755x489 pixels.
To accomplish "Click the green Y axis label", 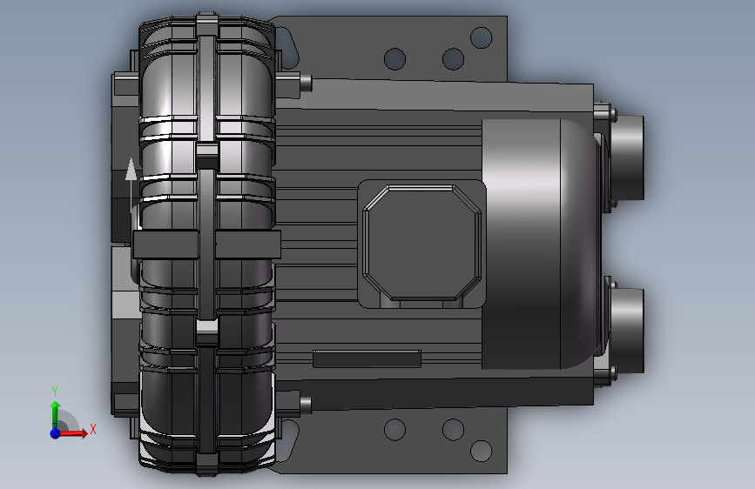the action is click(55, 391).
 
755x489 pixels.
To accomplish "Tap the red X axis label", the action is click(93, 429).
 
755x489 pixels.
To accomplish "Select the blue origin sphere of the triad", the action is click(56, 433).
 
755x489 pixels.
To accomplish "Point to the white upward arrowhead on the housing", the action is click(131, 169).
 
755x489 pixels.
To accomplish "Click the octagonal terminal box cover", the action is click(421, 242).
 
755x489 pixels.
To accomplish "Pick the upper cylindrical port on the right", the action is click(626, 157).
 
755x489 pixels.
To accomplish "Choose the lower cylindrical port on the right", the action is click(626, 330).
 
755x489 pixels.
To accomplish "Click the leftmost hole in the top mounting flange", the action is click(394, 58).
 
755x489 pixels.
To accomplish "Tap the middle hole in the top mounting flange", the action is click(453, 58).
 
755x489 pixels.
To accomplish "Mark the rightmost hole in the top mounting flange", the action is click(481, 37).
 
